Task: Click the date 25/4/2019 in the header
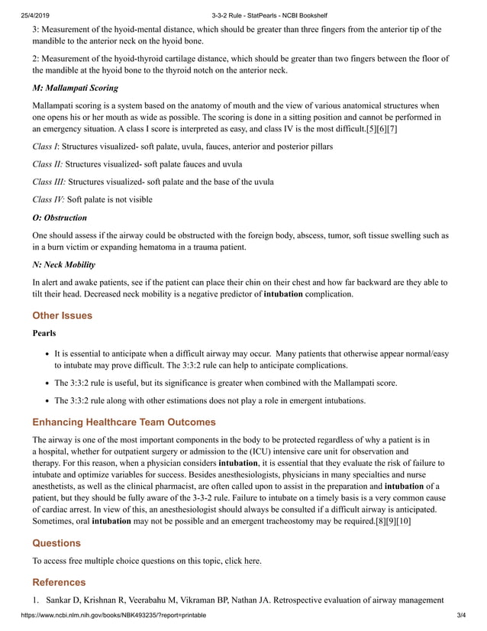[19, 7]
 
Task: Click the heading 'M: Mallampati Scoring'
[75, 88]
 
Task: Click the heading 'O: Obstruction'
[60, 218]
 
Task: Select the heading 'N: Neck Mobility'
[64, 264]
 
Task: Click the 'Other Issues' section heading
[62, 315]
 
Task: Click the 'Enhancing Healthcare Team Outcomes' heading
[124, 422]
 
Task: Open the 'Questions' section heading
[56, 543]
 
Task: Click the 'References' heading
[60, 582]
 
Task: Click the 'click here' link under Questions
[243, 561]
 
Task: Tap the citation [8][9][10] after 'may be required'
[393, 521]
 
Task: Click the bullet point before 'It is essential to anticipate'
[47, 354]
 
